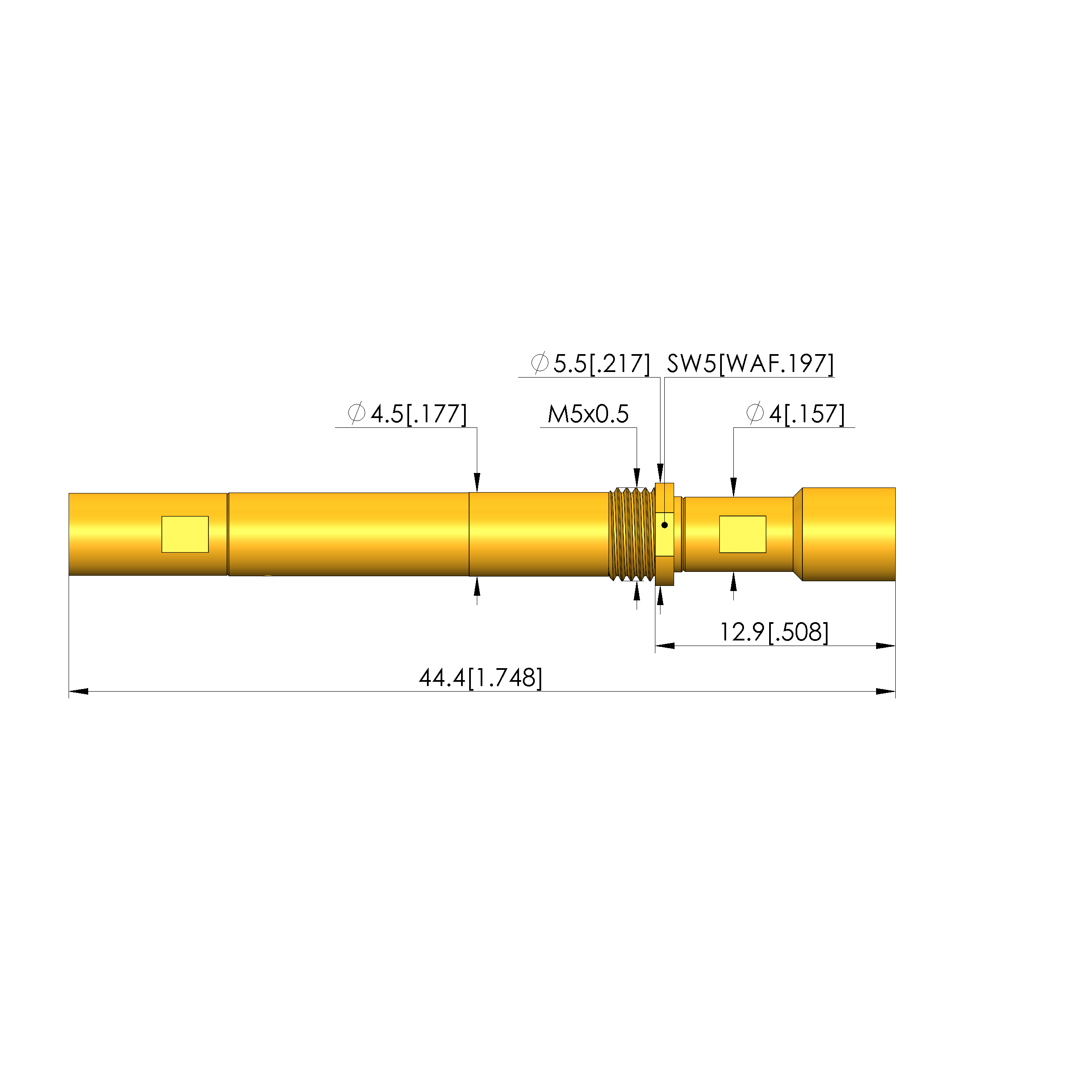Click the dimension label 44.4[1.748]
[x=481, y=678]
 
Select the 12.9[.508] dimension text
[x=774, y=632]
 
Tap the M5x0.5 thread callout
[x=588, y=414]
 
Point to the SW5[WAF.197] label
[x=750, y=363]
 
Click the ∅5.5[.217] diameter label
[x=590, y=363]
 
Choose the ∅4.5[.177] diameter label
[x=407, y=414]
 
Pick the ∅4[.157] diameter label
[x=795, y=414]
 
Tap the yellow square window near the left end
[x=185, y=534]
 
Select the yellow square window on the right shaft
[x=742, y=534]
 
